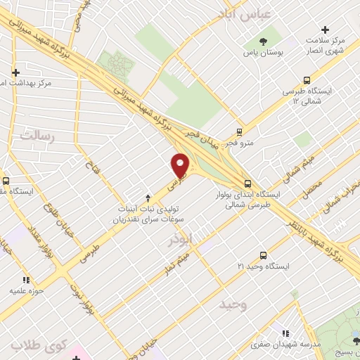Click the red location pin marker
click(181, 165)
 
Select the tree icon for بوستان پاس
click(262, 41)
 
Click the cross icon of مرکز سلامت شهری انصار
click(325, 30)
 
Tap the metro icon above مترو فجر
click(240, 131)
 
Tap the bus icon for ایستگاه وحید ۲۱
click(263, 255)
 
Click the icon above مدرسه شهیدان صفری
click(285, 333)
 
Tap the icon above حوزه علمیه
click(26, 279)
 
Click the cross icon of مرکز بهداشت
click(15, 72)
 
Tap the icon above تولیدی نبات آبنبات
click(147, 198)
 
